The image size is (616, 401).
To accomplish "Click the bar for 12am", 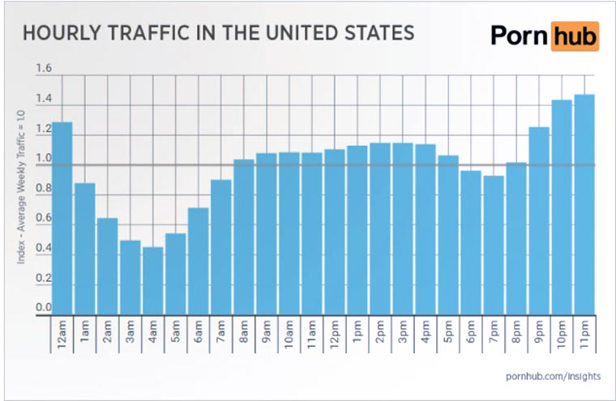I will pos(62,219).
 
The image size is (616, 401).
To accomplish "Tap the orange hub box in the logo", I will pos(575,36).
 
